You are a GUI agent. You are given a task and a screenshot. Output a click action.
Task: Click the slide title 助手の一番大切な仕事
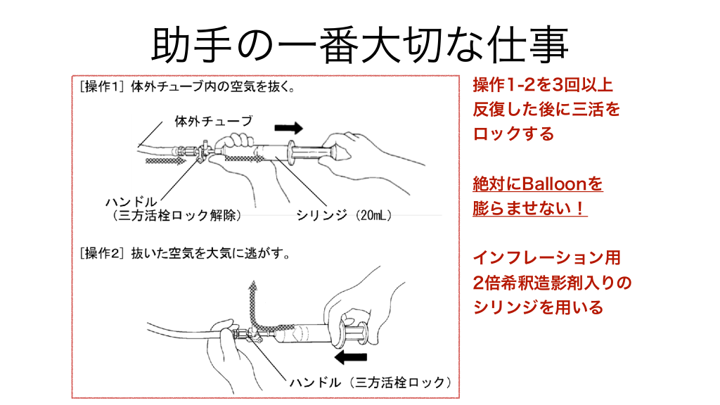(359, 44)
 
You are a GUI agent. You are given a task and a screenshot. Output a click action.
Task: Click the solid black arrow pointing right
(288, 127)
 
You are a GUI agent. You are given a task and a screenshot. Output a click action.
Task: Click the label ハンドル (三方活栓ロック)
(370, 382)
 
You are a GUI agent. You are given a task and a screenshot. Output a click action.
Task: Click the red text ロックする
(514, 134)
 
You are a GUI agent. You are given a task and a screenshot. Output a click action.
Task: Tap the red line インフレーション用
(546, 258)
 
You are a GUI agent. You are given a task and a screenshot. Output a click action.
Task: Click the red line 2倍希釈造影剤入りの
(552, 283)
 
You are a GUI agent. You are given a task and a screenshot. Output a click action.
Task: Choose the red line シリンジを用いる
(538, 307)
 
